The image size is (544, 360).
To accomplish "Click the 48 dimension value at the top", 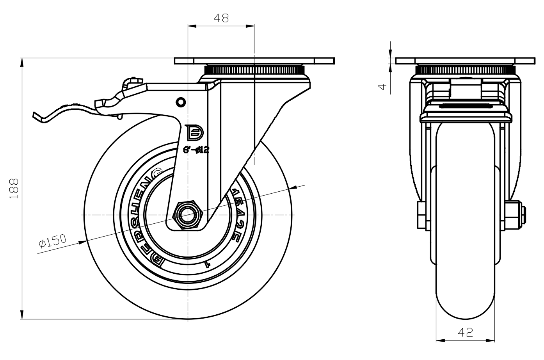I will coord(220,18).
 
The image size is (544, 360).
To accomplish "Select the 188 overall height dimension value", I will coord(14,189).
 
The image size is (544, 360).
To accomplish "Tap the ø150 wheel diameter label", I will coord(53,242).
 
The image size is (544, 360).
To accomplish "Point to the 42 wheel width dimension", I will coord(465,332).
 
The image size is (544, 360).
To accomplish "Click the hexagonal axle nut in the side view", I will coord(188,215).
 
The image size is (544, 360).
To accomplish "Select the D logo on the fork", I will coord(195,133).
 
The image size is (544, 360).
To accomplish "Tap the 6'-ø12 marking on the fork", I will coord(196,149).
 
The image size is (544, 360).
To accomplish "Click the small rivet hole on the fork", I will coord(180,102).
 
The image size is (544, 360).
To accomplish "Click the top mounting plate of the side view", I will coord(254,61).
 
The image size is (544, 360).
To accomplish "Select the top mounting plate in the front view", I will coord(465,61).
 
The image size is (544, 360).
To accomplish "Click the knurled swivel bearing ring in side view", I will coord(254,71).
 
